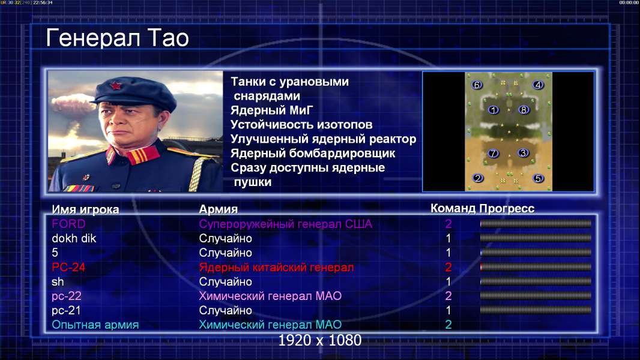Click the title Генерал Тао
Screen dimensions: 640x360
(x=117, y=38)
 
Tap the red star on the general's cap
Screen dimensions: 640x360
(x=115, y=86)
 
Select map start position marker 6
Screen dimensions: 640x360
(x=476, y=85)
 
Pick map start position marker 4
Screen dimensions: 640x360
(x=538, y=85)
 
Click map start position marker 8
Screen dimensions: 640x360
(x=524, y=110)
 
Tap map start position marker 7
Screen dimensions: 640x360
(x=494, y=153)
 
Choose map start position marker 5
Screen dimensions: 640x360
(x=539, y=178)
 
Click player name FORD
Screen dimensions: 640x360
(x=68, y=224)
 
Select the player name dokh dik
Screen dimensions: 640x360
(x=74, y=239)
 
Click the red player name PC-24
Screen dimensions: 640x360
(x=68, y=268)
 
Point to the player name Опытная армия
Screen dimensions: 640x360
(x=95, y=325)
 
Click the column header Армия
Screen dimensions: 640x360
(x=219, y=209)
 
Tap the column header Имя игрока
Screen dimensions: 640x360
(x=85, y=209)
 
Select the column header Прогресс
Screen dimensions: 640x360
(x=507, y=208)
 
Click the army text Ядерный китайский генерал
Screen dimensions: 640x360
(x=276, y=268)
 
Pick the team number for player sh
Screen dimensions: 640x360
(x=448, y=282)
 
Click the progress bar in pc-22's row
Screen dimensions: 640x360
(x=536, y=296)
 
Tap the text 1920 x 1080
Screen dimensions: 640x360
(x=319, y=340)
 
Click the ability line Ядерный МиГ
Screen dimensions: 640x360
(x=272, y=110)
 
